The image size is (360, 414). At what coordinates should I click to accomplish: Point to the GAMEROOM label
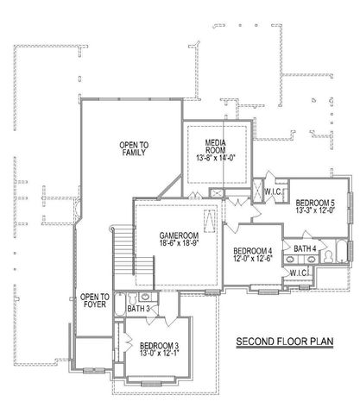(180, 235)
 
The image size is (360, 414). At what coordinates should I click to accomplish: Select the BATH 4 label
(305, 249)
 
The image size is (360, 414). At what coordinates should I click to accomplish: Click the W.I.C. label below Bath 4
(300, 273)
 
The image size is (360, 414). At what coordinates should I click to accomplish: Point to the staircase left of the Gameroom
(123, 249)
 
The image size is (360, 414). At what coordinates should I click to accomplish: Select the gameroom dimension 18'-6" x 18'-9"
(180, 245)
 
